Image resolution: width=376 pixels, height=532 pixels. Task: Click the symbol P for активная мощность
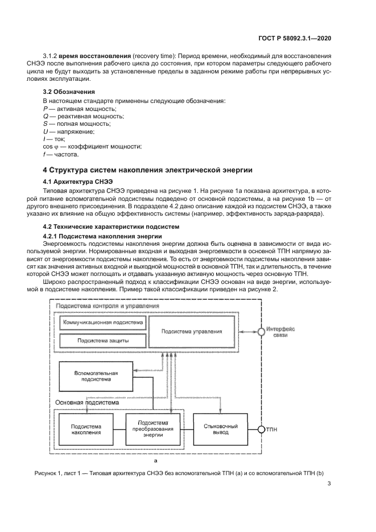coord(45,108)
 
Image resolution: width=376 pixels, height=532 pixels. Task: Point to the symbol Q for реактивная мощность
coord(46,116)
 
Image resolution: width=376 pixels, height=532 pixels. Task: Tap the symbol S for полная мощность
coord(45,123)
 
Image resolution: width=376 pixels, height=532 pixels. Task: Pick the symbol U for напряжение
coord(46,131)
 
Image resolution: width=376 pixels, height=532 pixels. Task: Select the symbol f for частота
coord(44,154)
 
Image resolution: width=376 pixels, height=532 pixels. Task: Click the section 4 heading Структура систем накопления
coord(148,170)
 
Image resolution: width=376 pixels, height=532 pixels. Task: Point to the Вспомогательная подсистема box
coord(96,377)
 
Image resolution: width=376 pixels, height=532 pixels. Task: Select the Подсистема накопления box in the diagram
coord(86,429)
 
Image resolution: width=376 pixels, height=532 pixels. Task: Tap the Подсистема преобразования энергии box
coord(153,429)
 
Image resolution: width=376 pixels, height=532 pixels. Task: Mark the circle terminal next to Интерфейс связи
coord(261,331)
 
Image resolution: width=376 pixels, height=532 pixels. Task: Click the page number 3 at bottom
coord(329,484)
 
